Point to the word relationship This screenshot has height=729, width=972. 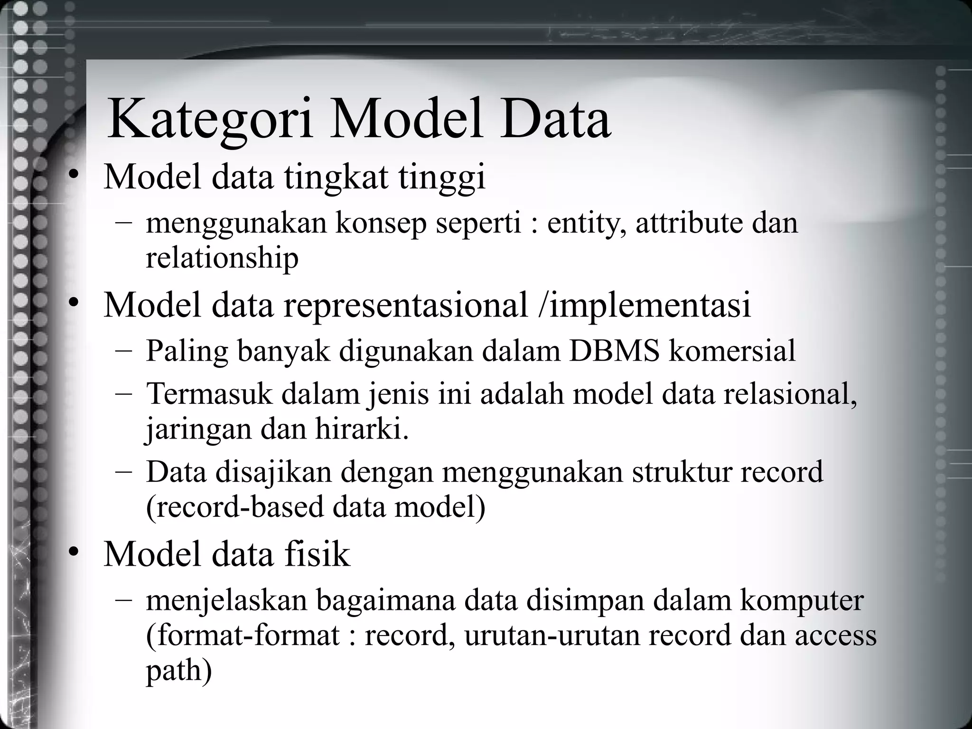[x=222, y=258]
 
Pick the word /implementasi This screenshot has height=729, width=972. [x=645, y=305]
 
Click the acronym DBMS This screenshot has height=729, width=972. [x=614, y=351]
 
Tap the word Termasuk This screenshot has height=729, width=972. [x=209, y=394]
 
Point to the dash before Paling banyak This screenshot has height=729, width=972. [x=124, y=352]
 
